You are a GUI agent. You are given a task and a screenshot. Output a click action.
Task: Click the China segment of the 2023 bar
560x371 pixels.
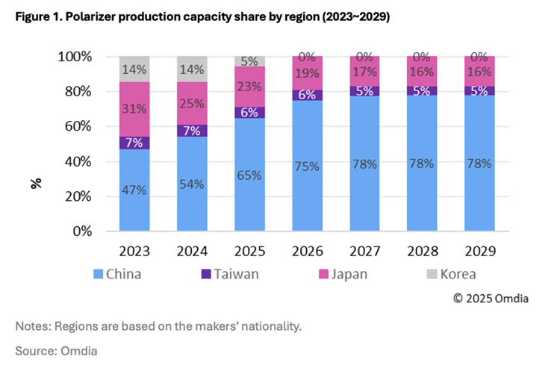tap(134, 190)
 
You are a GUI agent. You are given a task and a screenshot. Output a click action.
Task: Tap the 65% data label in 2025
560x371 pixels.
tap(249, 175)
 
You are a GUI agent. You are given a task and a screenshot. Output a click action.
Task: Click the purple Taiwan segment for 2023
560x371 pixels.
tap(134, 143)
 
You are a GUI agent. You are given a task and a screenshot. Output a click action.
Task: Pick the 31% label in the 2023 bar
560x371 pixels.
tap(134, 109)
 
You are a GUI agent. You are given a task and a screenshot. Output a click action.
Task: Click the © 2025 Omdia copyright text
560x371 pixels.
tap(491, 298)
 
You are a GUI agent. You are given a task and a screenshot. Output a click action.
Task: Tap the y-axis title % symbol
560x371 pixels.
tap(36, 182)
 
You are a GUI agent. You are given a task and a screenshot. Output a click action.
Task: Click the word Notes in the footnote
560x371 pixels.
tap(32, 325)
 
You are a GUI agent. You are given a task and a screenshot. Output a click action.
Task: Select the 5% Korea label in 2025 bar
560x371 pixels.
tap(249, 61)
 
